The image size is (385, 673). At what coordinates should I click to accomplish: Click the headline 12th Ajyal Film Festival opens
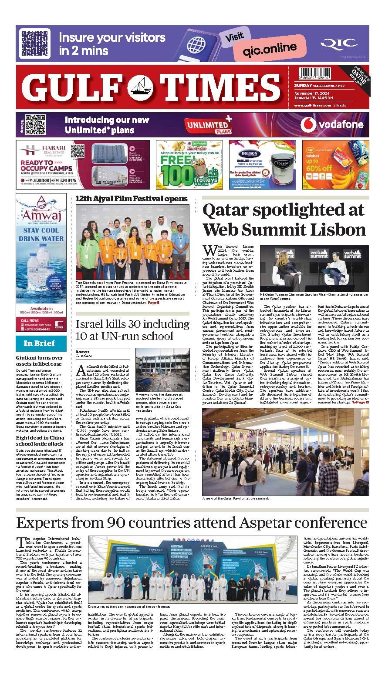pyautogui.click(x=132, y=199)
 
